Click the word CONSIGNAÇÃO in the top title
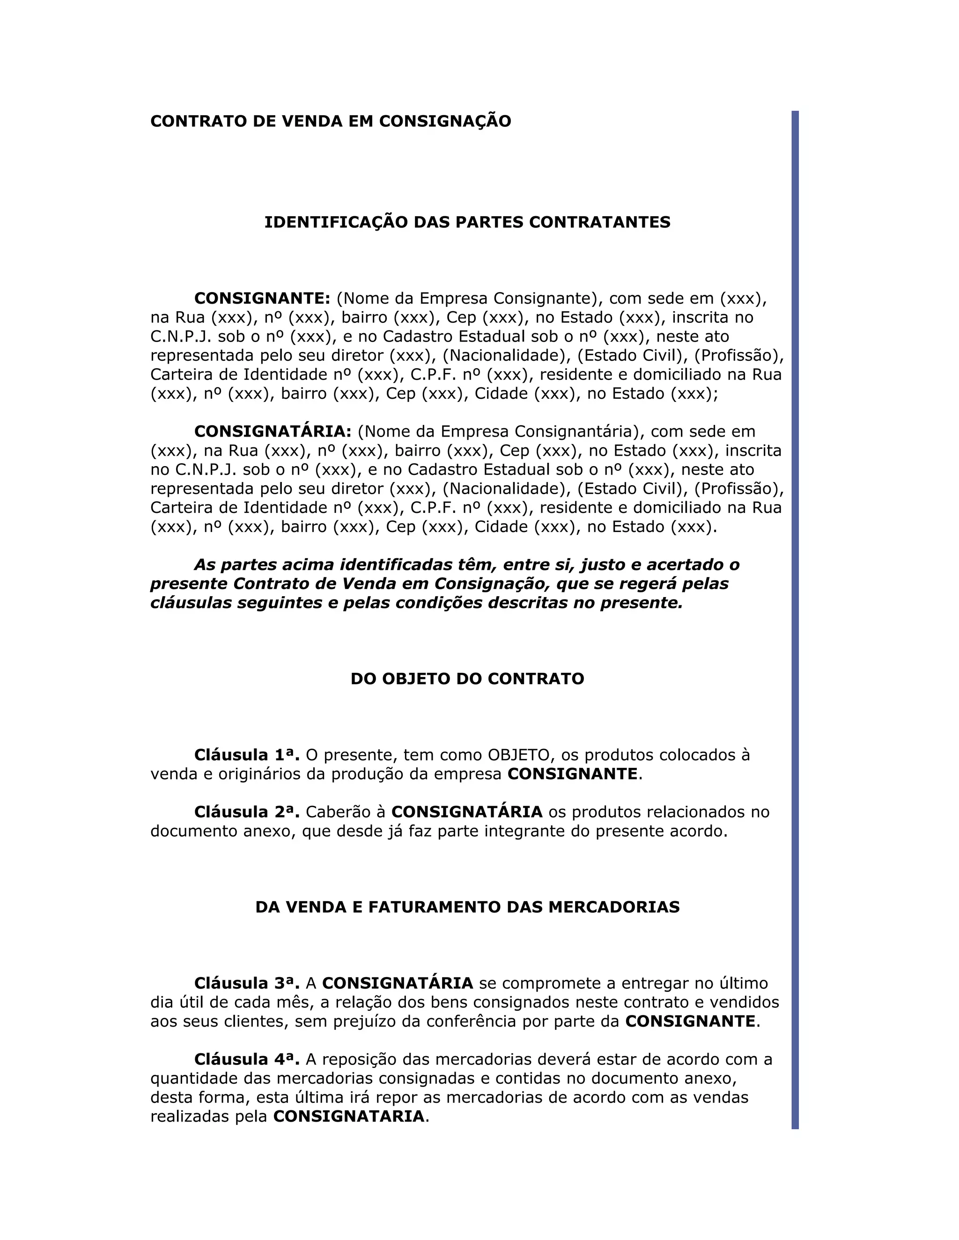pos(445,122)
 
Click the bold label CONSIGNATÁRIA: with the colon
pos(273,431)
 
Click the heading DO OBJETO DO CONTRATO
pos(467,679)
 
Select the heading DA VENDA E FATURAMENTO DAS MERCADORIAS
pos(467,907)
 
